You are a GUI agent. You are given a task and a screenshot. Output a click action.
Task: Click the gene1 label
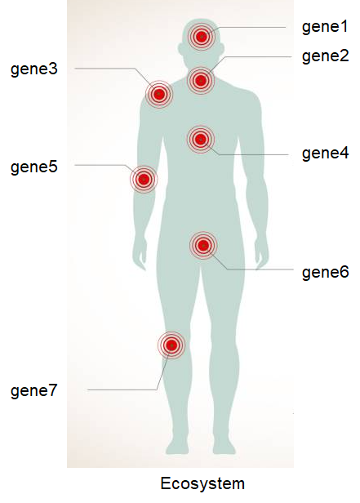325,27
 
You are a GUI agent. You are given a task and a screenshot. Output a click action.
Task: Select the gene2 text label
325,56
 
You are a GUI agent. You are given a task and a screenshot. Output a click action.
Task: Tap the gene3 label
34,69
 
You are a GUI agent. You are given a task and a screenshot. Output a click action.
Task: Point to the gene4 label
325,153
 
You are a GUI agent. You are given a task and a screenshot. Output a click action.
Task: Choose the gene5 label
34,167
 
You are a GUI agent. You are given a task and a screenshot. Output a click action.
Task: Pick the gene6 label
325,272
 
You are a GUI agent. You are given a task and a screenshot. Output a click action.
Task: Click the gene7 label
34,390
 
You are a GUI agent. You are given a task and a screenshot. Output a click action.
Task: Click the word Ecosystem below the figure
202,483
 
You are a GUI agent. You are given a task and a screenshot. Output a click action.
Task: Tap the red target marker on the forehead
201,37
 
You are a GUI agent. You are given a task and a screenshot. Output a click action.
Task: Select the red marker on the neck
201,80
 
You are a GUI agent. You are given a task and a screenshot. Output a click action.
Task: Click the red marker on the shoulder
160,95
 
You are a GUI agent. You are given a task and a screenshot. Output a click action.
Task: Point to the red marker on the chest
201,140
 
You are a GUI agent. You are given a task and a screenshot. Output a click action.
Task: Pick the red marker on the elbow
144,178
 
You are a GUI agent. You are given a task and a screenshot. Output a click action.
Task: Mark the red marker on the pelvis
203,245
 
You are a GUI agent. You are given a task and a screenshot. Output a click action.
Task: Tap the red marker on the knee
171,345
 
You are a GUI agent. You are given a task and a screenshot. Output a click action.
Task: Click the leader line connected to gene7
122,390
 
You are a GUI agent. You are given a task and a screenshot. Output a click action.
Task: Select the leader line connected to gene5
102,166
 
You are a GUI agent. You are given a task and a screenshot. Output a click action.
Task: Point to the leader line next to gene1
253,28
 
